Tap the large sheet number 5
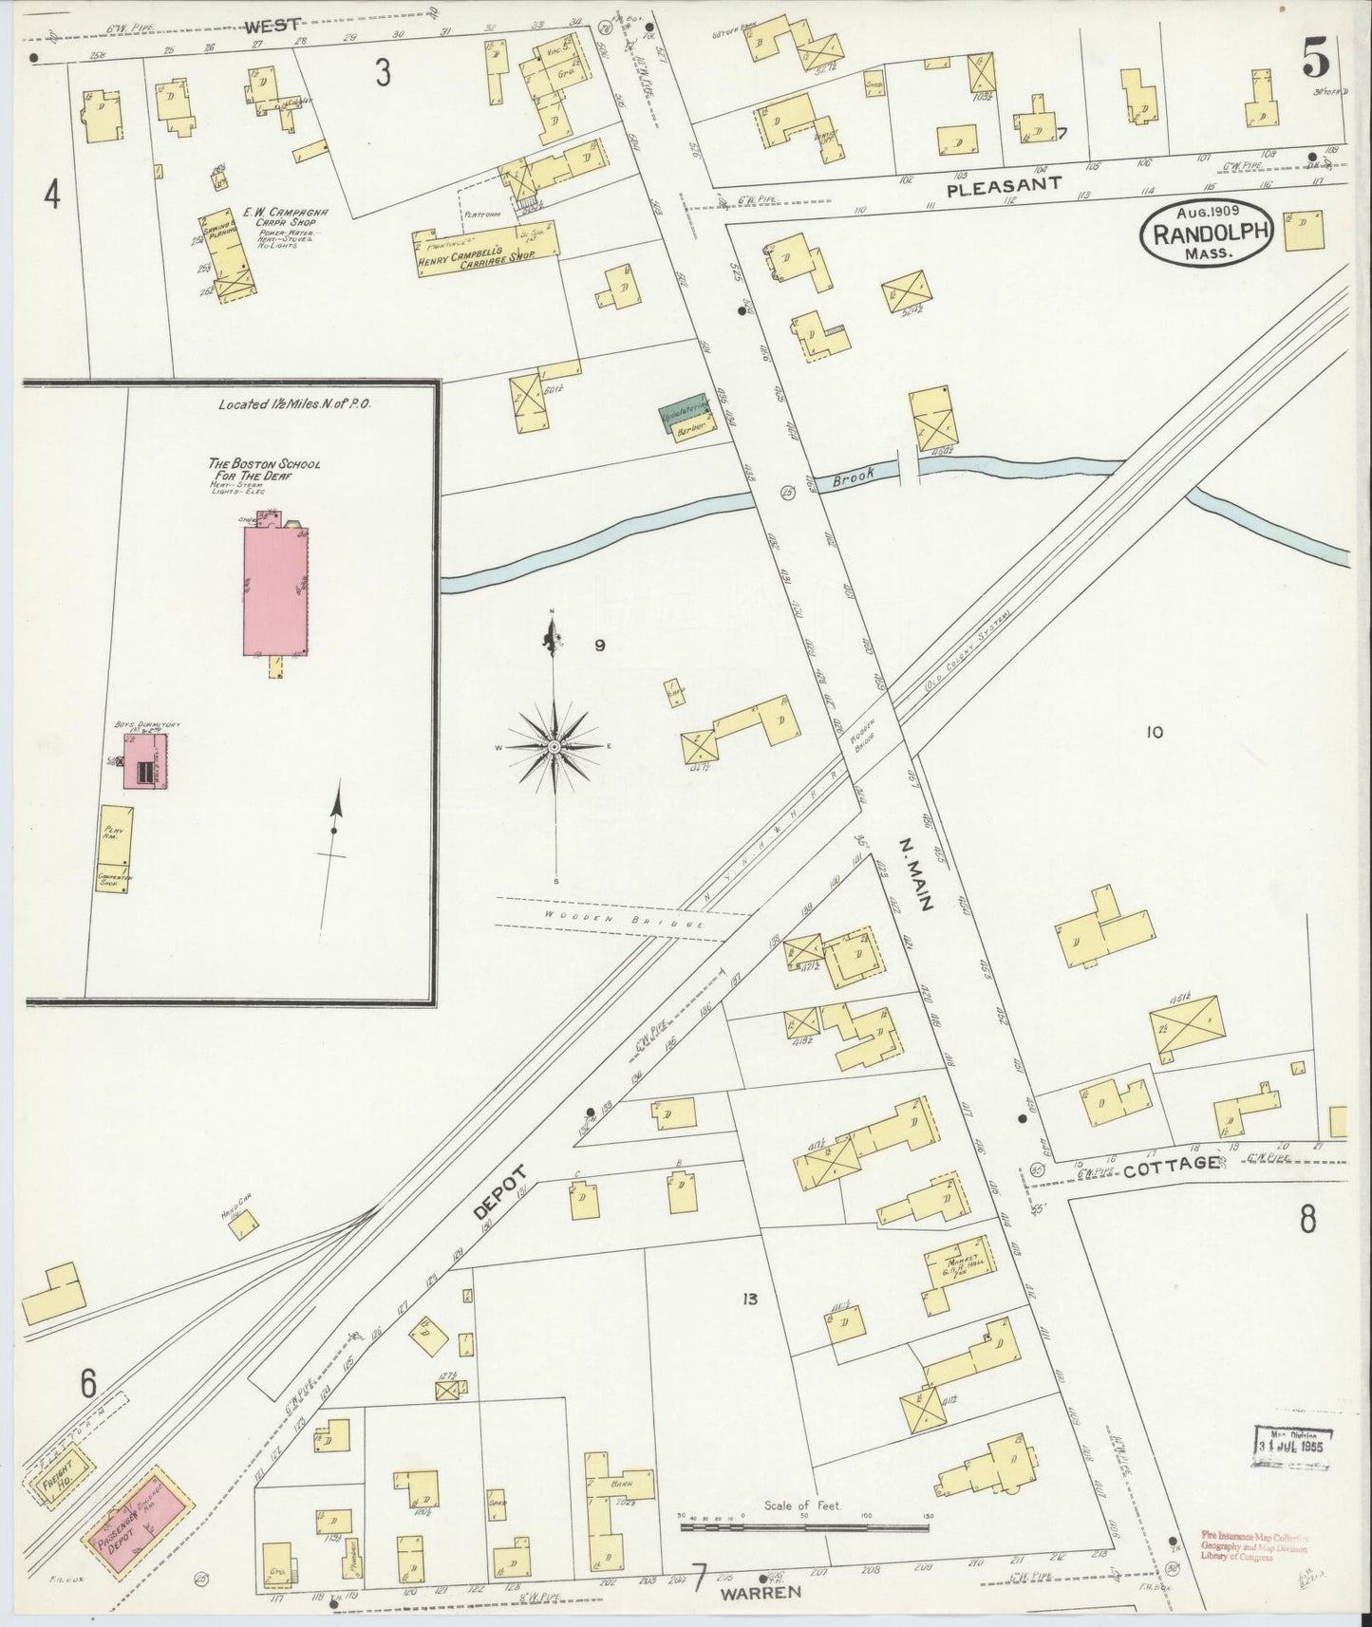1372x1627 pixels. coord(1314,61)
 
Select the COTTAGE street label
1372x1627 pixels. coord(1171,1165)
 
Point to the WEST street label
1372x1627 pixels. coord(273,25)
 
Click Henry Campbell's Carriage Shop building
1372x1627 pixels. coord(485,251)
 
